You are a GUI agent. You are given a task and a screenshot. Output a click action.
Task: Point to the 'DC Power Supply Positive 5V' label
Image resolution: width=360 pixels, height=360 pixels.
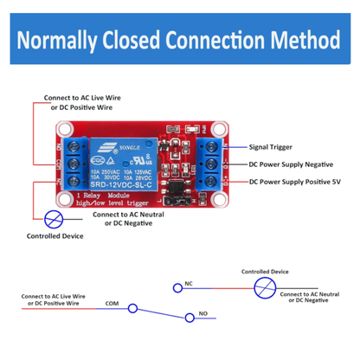[x=299, y=182]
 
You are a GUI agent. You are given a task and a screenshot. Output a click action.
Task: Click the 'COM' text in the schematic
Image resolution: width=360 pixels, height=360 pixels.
[x=111, y=303]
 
